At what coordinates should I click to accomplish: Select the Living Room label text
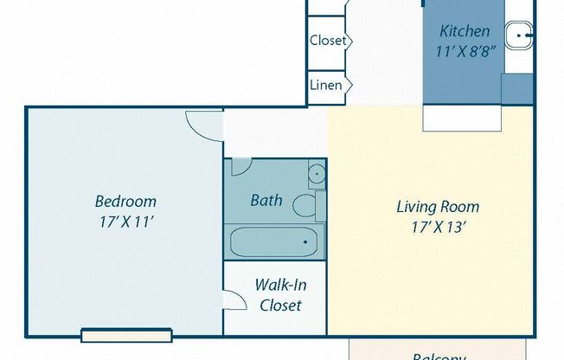(x=437, y=207)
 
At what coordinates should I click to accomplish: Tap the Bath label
(x=266, y=200)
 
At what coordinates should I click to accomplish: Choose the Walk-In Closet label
(x=279, y=294)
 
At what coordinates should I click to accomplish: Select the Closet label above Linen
(x=328, y=41)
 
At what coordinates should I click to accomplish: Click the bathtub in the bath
(x=272, y=241)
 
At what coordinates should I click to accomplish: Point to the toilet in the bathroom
(x=305, y=206)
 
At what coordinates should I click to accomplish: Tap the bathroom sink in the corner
(x=317, y=173)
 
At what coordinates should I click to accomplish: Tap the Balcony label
(x=439, y=356)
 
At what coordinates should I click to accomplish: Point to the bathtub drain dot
(x=305, y=242)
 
